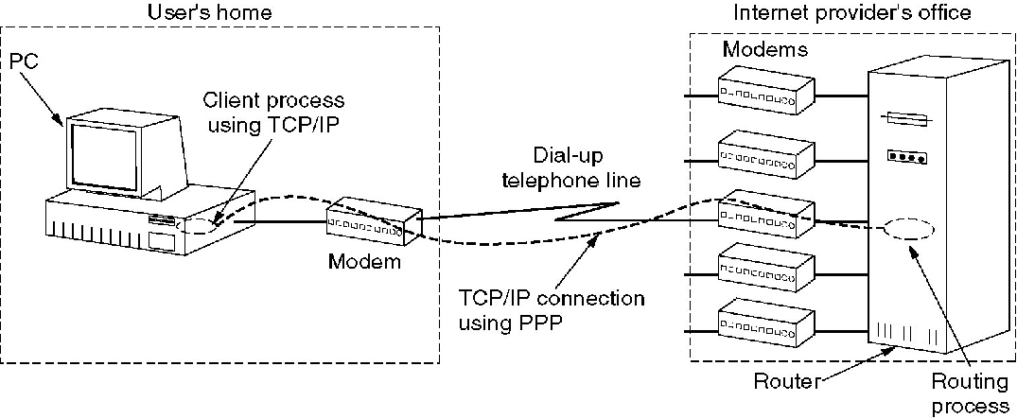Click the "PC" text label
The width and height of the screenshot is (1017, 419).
19,61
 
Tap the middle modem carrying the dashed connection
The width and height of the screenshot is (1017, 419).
765,214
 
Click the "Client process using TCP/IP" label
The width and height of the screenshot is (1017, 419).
274,110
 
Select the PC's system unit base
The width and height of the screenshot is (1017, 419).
122,226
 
